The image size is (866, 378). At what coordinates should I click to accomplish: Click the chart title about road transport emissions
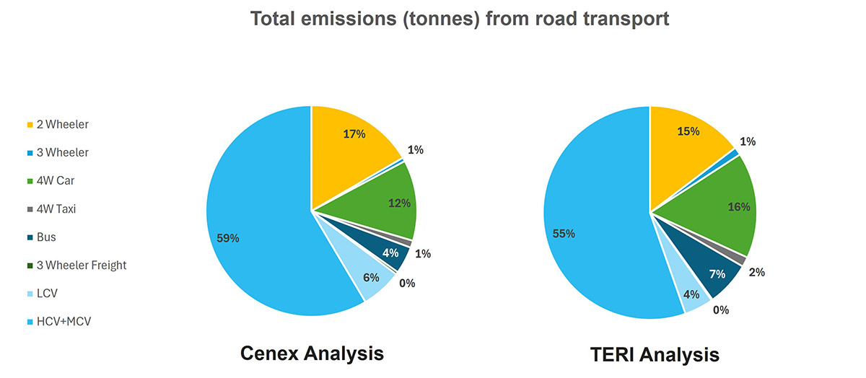click(459, 19)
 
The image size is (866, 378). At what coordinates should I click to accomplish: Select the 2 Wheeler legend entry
click(62, 125)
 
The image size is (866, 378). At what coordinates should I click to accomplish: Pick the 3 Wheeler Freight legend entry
click(81, 265)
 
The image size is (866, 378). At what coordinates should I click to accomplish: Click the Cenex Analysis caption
click(312, 353)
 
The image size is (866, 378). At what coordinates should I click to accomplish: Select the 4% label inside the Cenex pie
click(390, 253)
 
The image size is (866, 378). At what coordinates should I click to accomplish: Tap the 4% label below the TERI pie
click(692, 295)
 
